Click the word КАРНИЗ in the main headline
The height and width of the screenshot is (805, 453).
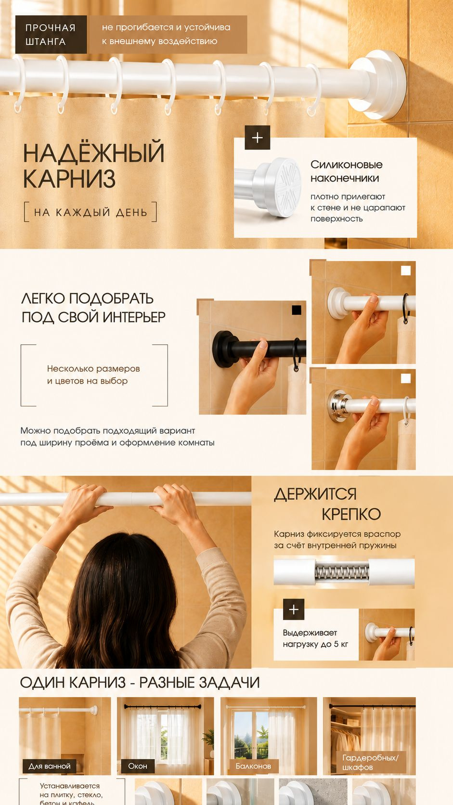coord(69,179)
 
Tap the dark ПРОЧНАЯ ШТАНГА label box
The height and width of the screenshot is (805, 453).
coord(51,35)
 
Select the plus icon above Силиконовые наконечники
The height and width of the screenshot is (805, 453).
coord(257,137)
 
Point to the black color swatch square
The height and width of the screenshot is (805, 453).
coord(297,310)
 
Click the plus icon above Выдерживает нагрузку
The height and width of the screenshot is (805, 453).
coord(294,609)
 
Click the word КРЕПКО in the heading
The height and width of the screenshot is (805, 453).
coord(351,514)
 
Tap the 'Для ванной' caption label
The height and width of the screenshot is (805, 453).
coord(50,766)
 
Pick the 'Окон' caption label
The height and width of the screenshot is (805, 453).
coord(138,766)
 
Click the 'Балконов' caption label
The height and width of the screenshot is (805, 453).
coord(253,766)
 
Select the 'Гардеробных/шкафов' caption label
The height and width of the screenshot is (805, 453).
coord(371,762)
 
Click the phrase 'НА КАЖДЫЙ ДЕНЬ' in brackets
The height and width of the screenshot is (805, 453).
coord(91,212)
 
